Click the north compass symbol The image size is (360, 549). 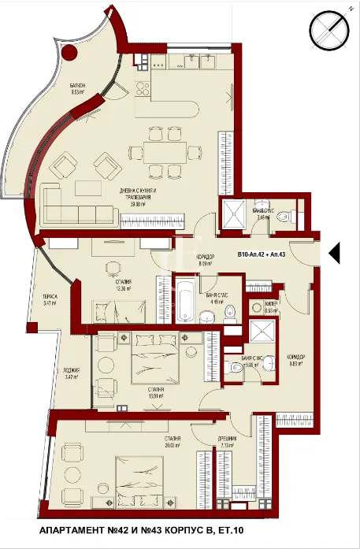tap(330, 28)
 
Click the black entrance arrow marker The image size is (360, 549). tap(333, 253)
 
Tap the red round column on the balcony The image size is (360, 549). tap(70, 54)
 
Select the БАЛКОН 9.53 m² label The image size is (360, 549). tap(77, 89)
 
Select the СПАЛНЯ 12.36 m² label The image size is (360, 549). tap(122, 285)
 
